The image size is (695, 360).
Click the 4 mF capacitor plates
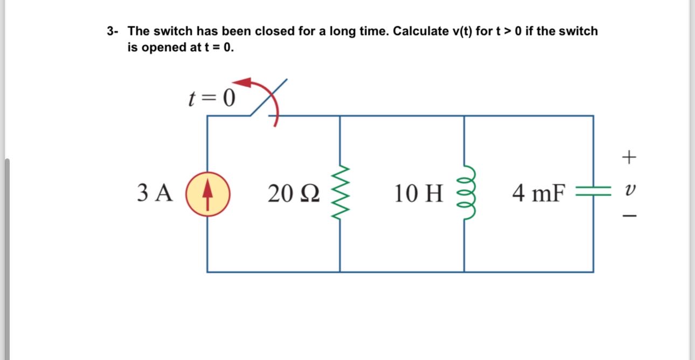click(593, 193)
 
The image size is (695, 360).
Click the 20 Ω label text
click(294, 193)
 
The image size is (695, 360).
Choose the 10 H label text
click(418, 193)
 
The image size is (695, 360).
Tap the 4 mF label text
click(539, 193)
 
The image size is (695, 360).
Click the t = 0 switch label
click(212, 98)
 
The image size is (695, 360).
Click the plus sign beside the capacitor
click(629, 157)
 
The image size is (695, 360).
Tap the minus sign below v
click(629, 216)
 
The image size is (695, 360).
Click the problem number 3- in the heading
click(113, 31)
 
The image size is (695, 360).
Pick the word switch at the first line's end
click(579, 31)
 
